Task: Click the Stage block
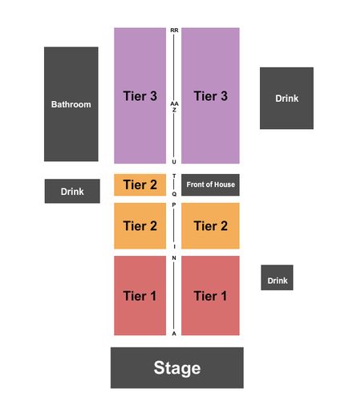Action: (x=177, y=367)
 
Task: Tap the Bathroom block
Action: (x=71, y=104)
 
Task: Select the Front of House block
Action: (x=210, y=184)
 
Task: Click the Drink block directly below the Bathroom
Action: (x=72, y=191)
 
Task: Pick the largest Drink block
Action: (x=286, y=98)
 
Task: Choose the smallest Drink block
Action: (x=277, y=277)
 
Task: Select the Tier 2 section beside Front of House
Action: (x=140, y=184)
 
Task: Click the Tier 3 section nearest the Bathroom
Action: (x=140, y=95)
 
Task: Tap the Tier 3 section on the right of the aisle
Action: (x=210, y=95)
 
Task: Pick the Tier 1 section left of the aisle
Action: (x=140, y=295)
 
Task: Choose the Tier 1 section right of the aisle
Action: (x=210, y=295)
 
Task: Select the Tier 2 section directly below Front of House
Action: (x=210, y=226)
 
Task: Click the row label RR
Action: (x=174, y=30)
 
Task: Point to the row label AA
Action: (x=174, y=103)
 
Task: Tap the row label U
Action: (x=174, y=162)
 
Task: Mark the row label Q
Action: (x=174, y=194)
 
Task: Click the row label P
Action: (x=174, y=205)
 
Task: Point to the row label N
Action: (x=174, y=258)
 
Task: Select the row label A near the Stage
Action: (x=174, y=334)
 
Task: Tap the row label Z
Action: (x=174, y=110)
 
